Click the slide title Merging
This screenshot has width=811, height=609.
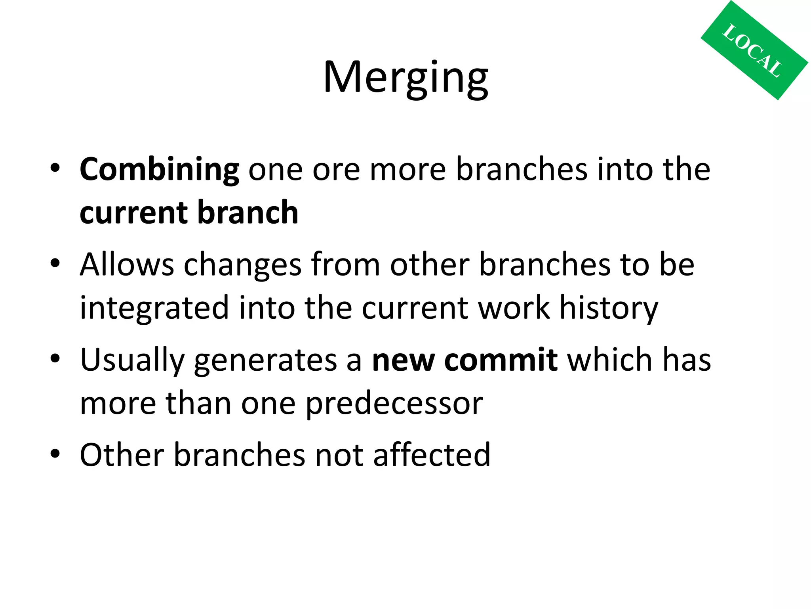[405, 77]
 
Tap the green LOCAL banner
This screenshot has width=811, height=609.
[754, 50]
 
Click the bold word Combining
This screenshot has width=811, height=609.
[159, 170]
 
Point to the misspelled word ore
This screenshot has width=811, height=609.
[336, 170]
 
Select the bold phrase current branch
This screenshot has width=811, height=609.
[189, 213]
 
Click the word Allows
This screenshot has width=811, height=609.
[127, 264]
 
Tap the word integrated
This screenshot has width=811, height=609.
[154, 308]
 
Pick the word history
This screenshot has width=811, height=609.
[609, 308]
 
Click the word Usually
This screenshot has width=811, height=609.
[132, 360]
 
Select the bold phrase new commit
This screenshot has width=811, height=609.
[465, 360]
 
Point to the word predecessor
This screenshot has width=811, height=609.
[394, 404]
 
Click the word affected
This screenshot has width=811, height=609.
[432, 455]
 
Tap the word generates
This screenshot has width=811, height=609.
[265, 360]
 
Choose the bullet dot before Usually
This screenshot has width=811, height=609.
[55, 358]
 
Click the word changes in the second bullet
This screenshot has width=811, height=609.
[242, 264]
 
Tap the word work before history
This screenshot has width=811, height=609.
[514, 308]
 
